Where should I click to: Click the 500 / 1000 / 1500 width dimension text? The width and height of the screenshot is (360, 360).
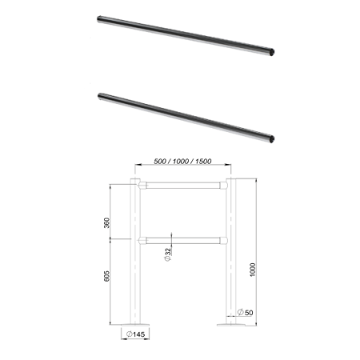tap(182, 162)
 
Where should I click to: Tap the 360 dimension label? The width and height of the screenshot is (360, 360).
tap(106, 223)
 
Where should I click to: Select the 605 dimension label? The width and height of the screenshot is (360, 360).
tap(106, 276)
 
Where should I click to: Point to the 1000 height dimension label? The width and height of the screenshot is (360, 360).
tap(253, 270)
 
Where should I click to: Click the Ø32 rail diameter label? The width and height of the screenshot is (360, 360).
tap(167, 254)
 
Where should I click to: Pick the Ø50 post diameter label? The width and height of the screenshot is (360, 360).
tap(246, 312)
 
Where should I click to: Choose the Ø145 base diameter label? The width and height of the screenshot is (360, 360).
tap(136, 334)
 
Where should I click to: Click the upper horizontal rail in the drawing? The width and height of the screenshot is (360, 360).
tap(182, 186)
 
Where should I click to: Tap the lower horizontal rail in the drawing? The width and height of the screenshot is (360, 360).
tap(182, 241)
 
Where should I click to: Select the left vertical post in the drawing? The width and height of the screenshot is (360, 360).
tap(135, 251)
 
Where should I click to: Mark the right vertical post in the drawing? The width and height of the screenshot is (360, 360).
tap(231, 251)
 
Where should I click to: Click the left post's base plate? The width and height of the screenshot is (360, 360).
tap(135, 325)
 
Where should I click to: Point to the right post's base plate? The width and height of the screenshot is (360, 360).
tap(231, 325)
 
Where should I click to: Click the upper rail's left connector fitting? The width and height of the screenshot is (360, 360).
tap(142, 186)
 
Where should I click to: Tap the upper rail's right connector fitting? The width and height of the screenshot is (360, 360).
tap(223, 186)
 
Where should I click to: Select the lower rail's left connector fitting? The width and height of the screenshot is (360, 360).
tap(142, 241)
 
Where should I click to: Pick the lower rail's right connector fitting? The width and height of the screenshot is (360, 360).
tap(223, 241)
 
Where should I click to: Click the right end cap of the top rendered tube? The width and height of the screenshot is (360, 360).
tap(271, 52)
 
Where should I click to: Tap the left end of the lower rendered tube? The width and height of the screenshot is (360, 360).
tap(100, 96)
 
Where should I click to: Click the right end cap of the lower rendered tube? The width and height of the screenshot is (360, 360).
tap(271, 139)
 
